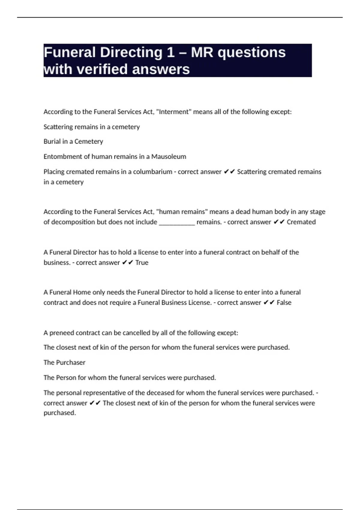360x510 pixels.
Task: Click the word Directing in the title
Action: (131, 52)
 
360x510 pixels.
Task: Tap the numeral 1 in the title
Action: (170, 52)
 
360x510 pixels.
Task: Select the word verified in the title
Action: (103, 69)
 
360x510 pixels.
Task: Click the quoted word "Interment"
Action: (174, 112)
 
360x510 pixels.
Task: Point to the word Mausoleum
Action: (169, 157)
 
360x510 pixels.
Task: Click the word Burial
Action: (52, 142)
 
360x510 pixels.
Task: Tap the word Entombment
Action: (61, 157)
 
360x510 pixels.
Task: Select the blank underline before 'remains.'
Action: (177, 222)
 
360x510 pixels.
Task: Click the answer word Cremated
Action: (301, 222)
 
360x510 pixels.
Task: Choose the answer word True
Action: (142, 263)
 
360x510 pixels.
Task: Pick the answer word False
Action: (284, 303)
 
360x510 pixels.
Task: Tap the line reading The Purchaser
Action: (64, 363)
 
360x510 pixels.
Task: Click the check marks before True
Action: (128, 263)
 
